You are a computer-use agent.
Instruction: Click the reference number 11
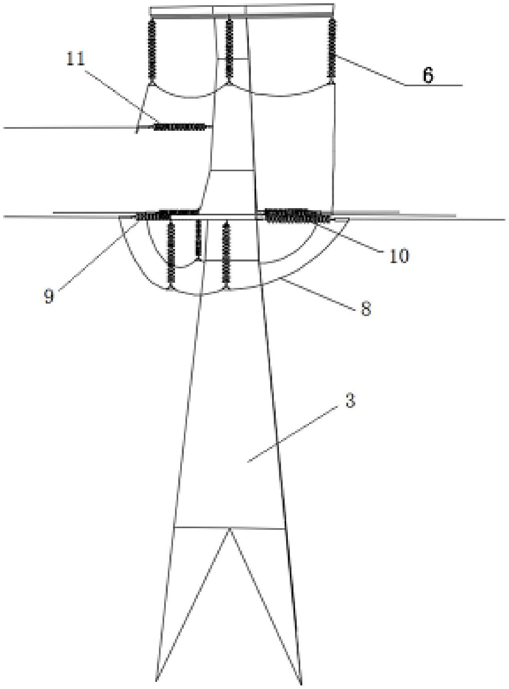point(76,59)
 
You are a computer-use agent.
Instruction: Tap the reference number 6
point(428,75)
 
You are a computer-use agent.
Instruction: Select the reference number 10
point(399,255)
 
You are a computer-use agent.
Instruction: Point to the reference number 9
point(49,296)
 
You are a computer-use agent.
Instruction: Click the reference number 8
point(365,309)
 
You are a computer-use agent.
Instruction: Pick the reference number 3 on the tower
point(350,401)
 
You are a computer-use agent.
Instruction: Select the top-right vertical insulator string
point(332,48)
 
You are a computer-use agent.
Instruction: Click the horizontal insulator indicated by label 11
point(180,127)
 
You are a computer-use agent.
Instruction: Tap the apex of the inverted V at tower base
point(230,529)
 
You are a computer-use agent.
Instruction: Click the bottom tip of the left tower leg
point(156,680)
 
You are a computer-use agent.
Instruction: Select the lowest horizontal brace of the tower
point(230,528)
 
